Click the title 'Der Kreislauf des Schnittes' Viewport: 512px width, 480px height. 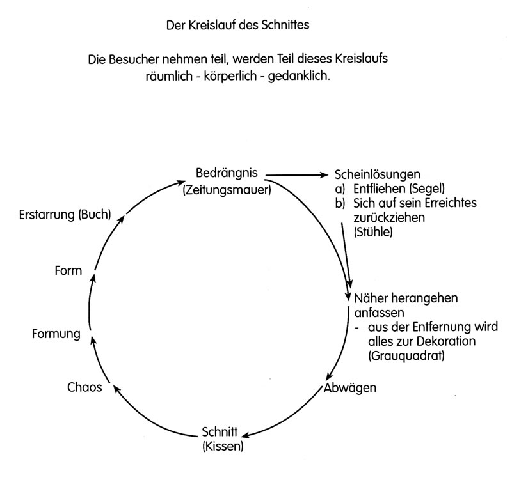point(237,25)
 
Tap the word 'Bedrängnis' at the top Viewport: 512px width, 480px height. point(227,173)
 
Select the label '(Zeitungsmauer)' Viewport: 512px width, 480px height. point(227,189)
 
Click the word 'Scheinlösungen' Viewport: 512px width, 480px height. point(378,174)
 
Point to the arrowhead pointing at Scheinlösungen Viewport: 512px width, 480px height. point(324,175)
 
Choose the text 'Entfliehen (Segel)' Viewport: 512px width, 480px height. point(399,189)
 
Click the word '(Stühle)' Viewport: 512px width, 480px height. point(373,232)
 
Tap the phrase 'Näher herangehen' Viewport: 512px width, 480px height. point(406,298)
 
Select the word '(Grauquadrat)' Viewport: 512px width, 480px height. point(406,355)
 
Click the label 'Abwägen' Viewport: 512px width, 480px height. point(350,388)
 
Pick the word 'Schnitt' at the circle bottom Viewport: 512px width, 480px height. point(220,431)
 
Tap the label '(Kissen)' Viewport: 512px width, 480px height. point(223,445)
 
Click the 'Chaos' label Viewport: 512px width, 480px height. point(84,387)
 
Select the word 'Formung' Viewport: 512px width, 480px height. point(56,334)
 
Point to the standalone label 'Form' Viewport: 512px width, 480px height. point(68,270)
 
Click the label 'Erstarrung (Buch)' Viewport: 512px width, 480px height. point(65,215)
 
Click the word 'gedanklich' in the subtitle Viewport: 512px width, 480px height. point(298,76)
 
